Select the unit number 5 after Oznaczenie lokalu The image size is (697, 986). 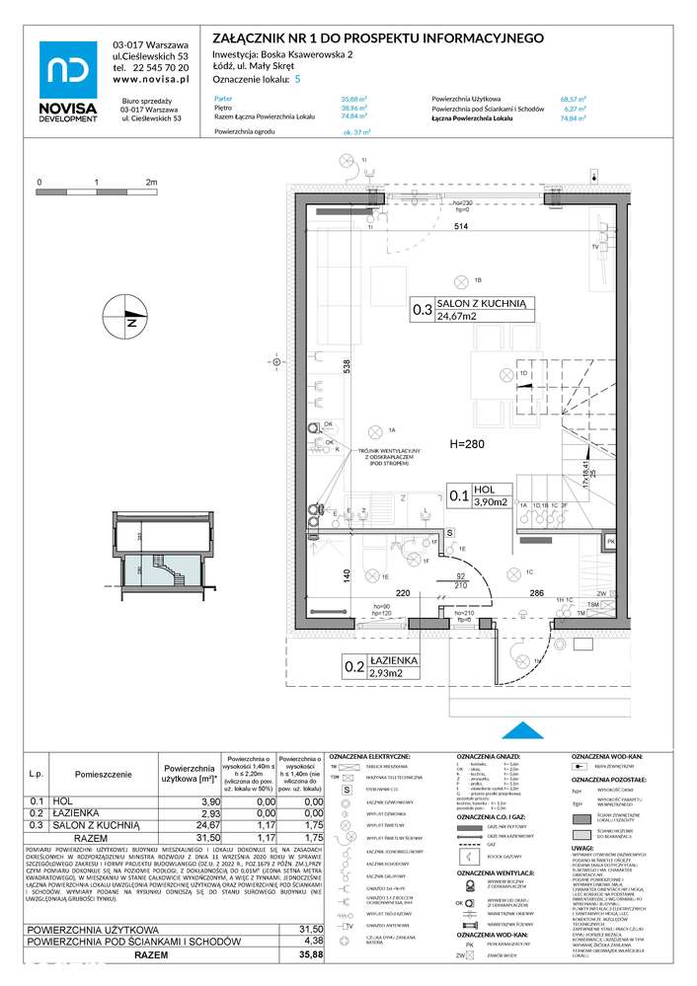click(x=298, y=79)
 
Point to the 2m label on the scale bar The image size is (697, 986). click(x=151, y=183)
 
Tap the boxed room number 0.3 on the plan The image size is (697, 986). click(x=423, y=311)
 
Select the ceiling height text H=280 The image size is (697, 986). click(x=467, y=444)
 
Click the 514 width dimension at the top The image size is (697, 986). click(x=460, y=226)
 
